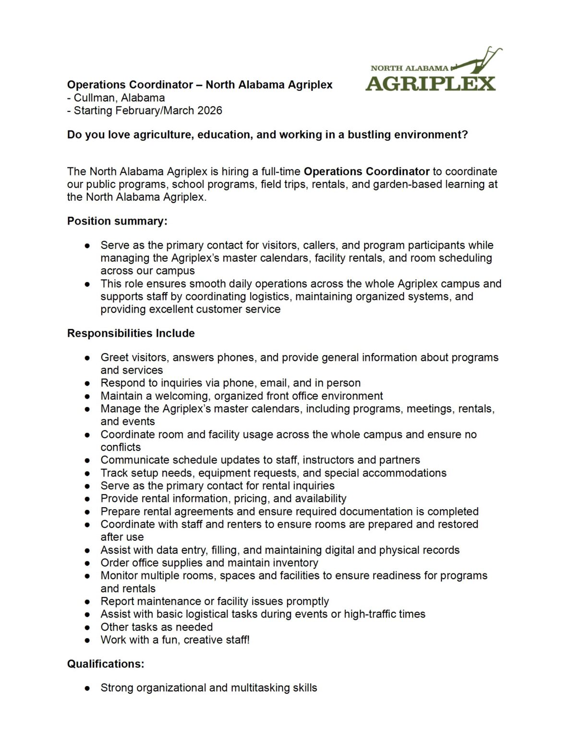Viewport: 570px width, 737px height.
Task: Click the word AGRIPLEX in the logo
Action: pos(430,83)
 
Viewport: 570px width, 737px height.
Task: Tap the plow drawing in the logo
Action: pos(475,61)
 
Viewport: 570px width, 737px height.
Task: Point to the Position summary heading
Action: pos(117,221)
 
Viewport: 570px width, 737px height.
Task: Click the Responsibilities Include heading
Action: pos(131,333)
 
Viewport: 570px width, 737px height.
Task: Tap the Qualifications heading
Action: pos(106,664)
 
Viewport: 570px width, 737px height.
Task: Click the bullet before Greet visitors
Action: pos(87,358)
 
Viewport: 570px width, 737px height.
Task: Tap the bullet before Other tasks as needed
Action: pos(87,628)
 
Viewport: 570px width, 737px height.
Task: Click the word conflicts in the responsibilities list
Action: pos(121,447)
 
